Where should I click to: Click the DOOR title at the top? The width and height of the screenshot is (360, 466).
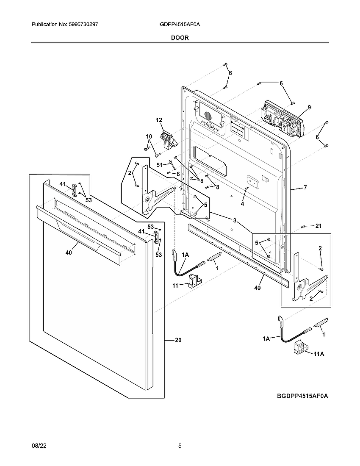(180, 37)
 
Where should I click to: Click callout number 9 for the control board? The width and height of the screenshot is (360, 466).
(309, 108)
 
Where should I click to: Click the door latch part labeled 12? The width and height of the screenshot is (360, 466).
(167, 140)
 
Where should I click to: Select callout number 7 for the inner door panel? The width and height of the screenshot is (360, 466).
(305, 187)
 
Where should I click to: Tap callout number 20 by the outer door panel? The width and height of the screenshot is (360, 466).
(178, 340)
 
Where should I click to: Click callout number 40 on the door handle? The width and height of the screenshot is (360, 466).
(69, 252)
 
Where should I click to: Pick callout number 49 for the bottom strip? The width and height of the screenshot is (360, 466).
(258, 288)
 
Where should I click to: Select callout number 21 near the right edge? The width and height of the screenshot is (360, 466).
(318, 226)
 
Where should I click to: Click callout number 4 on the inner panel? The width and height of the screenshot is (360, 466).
(243, 204)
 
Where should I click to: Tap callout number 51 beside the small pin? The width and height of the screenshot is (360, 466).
(160, 165)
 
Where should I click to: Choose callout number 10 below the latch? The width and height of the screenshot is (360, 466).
(149, 136)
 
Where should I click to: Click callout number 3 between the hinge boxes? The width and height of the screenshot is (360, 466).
(234, 220)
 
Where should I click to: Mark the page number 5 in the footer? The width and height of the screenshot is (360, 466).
(180, 446)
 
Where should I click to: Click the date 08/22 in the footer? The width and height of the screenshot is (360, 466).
(38, 446)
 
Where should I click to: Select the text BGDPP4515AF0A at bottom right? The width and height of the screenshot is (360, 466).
(302, 396)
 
